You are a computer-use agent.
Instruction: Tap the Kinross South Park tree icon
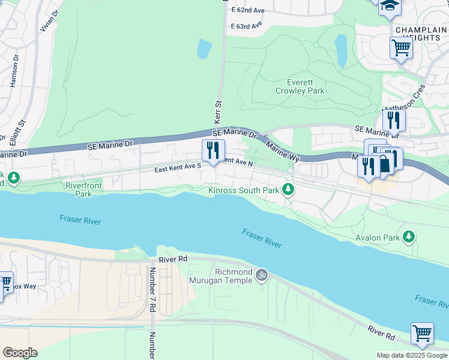click(x=289, y=190)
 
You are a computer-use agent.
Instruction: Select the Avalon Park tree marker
click(x=409, y=236)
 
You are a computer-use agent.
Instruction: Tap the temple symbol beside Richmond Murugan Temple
click(x=261, y=275)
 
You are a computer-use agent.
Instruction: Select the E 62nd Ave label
click(x=247, y=10)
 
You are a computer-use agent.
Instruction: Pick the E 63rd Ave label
click(x=247, y=26)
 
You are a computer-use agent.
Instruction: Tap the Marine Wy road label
click(x=283, y=151)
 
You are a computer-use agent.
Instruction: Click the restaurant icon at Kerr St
click(x=212, y=151)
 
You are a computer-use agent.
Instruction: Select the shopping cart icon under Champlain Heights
click(x=400, y=47)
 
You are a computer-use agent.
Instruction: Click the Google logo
click(x=20, y=353)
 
